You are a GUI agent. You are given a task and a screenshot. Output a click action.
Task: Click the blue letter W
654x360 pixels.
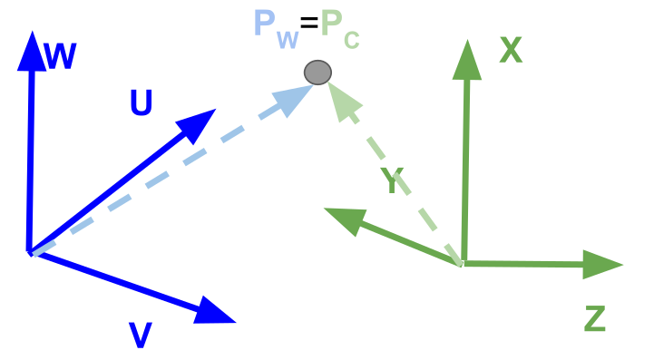[x=60, y=56]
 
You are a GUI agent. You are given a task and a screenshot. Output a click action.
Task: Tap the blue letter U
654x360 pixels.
[x=141, y=104]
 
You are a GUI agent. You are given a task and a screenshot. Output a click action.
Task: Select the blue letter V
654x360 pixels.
[x=140, y=336]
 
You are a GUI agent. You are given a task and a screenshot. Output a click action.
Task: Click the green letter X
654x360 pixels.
[x=511, y=51]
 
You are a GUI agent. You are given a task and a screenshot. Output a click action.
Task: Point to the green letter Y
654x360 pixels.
[x=392, y=181]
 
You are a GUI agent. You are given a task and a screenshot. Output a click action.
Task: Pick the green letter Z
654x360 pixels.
[x=594, y=319]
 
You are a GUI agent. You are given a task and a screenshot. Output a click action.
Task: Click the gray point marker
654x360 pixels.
[x=317, y=72]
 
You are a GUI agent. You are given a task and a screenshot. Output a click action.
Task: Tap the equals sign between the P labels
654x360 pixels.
[x=309, y=24]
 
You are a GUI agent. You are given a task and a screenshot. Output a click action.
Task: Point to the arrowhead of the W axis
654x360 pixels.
[x=31, y=51]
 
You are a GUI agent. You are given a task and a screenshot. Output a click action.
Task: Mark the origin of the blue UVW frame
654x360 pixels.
[x=30, y=251]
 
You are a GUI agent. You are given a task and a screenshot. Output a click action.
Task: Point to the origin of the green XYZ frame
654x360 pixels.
[x=462, y=263]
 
